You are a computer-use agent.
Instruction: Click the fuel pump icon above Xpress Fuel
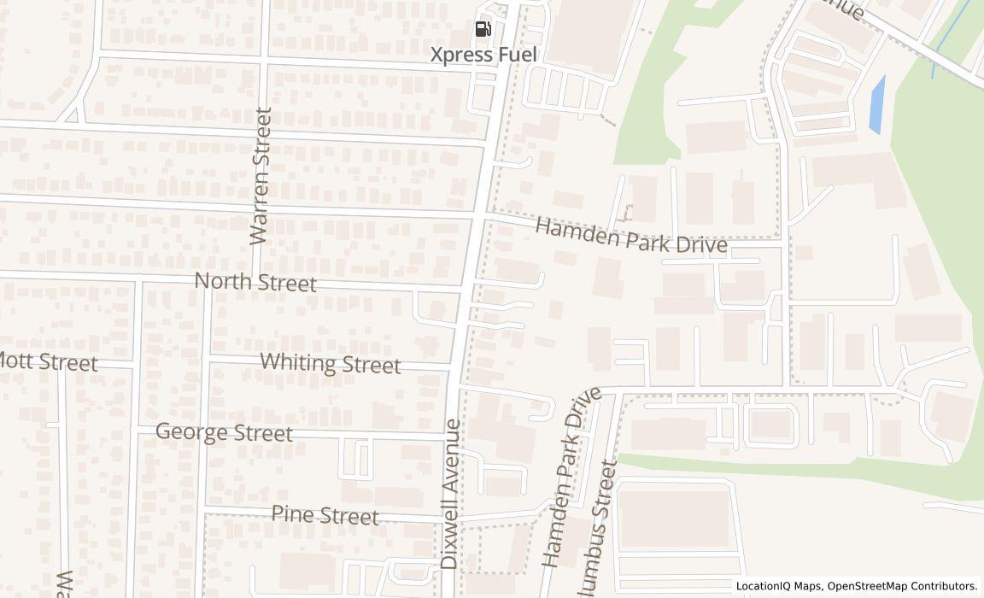[x=483, y=29]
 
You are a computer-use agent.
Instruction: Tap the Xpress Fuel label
[x=483, y=56]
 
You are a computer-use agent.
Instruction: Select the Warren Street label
[x=260, y=176]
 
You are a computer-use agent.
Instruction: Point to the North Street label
[x=255, y=282]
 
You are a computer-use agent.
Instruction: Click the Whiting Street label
[x=330, y=363]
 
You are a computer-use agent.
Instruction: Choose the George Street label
[x=224, y=432]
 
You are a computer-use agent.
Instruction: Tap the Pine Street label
[x=325, y=515]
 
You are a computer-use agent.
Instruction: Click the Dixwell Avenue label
[x=450, y=494]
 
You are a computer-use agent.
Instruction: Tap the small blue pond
[x=876, y=105]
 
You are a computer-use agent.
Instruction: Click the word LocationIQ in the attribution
[x=763, y=587]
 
